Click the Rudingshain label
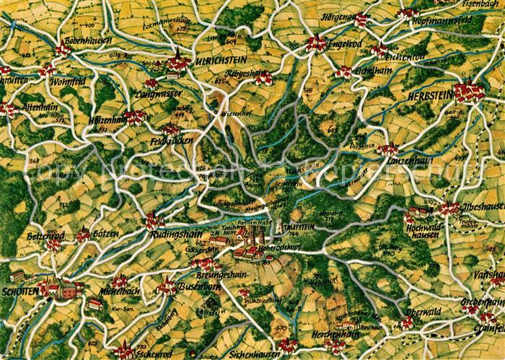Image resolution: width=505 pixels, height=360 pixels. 176,234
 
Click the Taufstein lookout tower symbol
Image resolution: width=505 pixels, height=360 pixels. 278,227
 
